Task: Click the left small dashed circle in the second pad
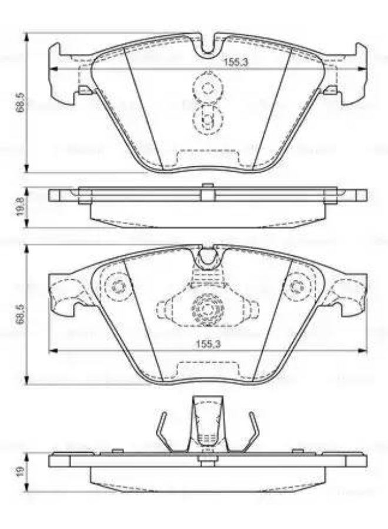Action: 120,287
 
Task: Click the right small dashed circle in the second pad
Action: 295,287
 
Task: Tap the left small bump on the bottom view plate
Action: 117,451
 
